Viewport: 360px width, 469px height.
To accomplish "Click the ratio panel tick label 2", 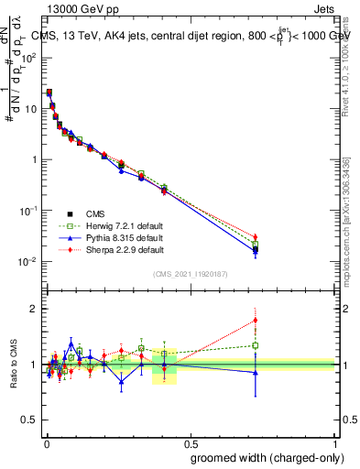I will [36, 309].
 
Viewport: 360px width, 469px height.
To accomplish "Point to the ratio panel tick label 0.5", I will [31, 421].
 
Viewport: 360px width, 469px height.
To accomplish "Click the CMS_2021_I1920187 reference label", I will [191, 274].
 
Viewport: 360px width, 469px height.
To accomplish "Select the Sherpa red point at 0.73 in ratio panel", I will [256, 320].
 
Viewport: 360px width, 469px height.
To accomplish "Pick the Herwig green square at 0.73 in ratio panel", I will [256, 345].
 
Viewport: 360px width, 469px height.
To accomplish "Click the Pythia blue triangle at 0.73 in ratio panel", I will [256, 373].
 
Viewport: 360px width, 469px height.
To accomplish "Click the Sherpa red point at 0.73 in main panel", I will [256, 237].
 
